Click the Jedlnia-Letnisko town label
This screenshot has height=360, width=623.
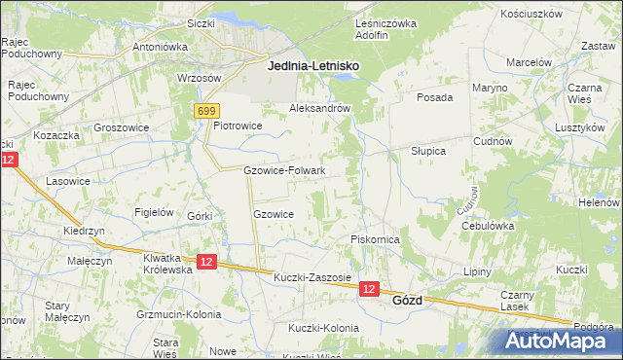coord(313,65)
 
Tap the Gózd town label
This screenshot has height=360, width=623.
coord(407,301)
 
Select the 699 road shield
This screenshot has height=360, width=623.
coord(204,112)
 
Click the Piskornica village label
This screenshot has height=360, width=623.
coord(376,239)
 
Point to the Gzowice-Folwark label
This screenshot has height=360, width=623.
coord(284,171)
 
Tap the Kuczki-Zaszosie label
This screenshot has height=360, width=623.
coord(311,277)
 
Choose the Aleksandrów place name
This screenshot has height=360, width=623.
coord(319,109)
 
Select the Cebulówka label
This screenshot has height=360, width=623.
coord(488,226)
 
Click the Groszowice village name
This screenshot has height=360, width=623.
coord(121,127)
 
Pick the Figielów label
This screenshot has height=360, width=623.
coord(154,212)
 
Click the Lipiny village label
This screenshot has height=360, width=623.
coord(477,271)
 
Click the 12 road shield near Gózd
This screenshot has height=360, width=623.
coord(369,289)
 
